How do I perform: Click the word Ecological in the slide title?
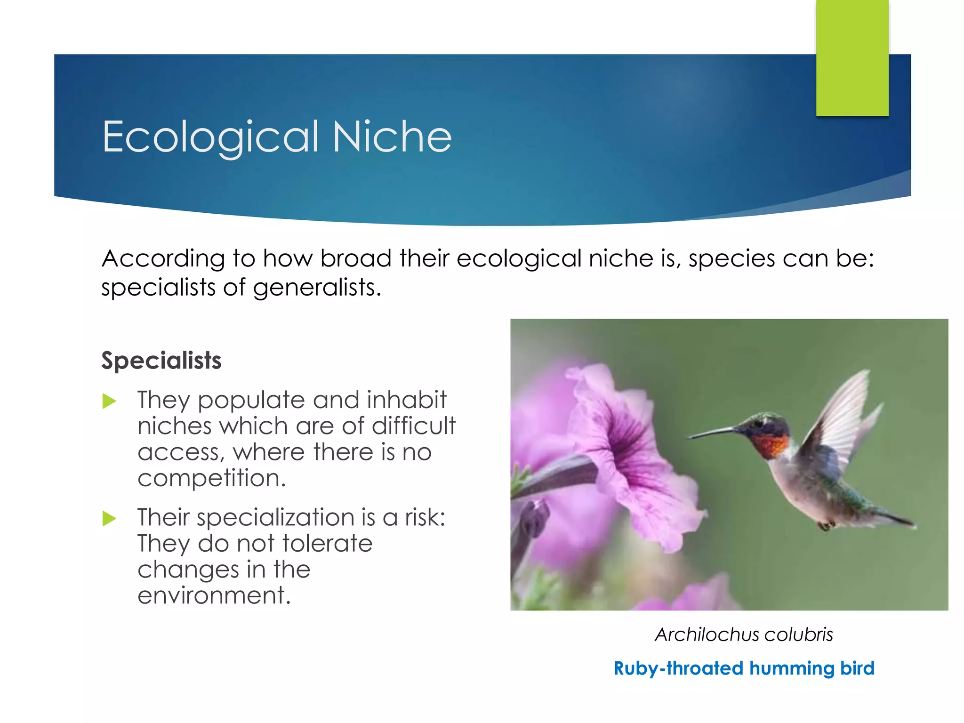click(210, 137)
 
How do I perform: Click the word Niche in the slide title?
click(392, 137)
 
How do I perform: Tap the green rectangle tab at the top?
click(852, 57)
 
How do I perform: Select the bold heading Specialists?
click(161, 361)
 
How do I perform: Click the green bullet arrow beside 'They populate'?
click(109, 401)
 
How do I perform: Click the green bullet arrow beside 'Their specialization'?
click(109, 519)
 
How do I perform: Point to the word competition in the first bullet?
click(211, 478)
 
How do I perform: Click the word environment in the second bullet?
click(214, 595)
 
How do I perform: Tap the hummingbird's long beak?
click(713, 433)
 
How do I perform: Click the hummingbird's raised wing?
click(843, 414)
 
